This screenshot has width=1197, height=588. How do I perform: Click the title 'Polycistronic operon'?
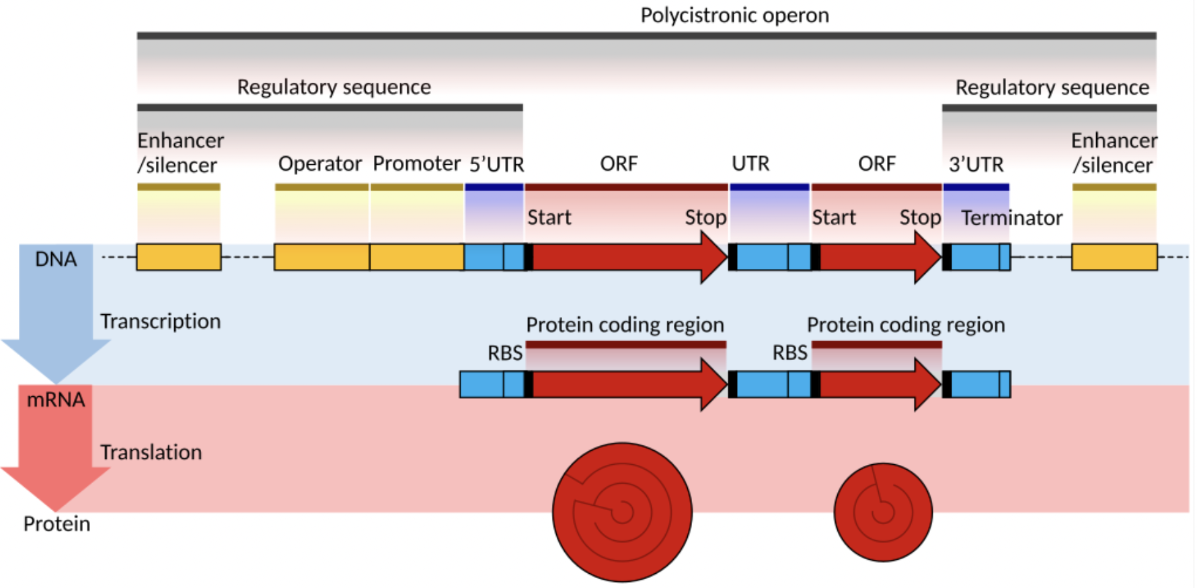tap(734, 15)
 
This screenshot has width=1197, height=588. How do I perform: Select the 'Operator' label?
tap(320, 164)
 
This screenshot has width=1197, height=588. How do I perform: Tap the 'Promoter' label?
tap(416, 163)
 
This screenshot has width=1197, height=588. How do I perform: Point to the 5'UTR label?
tap(496, 165)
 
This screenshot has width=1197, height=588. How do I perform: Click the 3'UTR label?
tap(976, 165)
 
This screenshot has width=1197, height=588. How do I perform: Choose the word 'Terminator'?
tap(1011, 218)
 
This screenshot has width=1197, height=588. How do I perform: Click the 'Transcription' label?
tap(160, 322)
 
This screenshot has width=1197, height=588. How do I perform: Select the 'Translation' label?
tap(151, 452)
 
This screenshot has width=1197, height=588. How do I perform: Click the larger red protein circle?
tap(622, 512)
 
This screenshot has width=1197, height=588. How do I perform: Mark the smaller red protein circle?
tap(883, 512)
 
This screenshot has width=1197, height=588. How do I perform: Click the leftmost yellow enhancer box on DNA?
tap(179, 257)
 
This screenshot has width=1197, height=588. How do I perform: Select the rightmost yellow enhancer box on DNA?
tap(1114, 257)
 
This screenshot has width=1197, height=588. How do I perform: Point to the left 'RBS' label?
tap(505, 353)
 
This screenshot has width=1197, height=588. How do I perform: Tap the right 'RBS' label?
tap(789, 353)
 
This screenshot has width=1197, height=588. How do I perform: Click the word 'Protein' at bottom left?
tap(56, 524)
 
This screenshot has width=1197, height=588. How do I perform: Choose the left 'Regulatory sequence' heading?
tap(334, 87)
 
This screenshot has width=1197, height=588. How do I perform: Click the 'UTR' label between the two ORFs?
tap(750, 164)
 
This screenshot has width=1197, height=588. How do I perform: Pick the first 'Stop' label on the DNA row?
tap(705, 218)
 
